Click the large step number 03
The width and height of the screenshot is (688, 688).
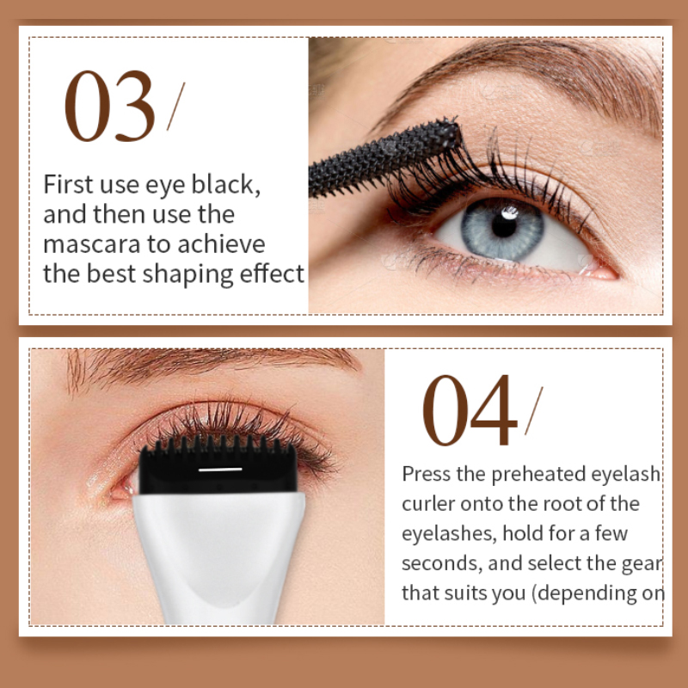[x=110, y=106]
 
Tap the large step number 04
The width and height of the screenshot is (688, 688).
[x=470, y=410]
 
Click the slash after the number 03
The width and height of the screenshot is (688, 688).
[x=176, y=106]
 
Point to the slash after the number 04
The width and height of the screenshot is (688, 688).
[x=534, y=411]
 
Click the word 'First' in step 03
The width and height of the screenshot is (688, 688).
[x=68, y=184]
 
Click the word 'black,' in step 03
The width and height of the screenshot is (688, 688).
[x=226, y=184]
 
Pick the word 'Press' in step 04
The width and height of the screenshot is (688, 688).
[x=426, y=474]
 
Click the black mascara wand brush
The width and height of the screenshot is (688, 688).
[x=384, y=158]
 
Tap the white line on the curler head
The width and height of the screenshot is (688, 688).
[x=220, y=470]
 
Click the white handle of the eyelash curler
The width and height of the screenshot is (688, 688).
[x=218, y=557]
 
